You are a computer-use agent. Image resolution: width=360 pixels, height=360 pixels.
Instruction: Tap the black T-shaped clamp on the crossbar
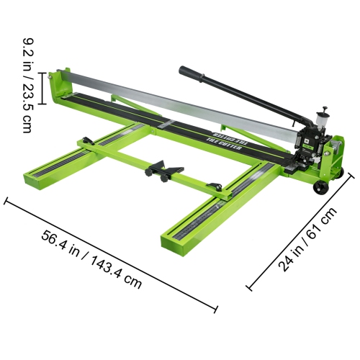(x=164, y=171)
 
